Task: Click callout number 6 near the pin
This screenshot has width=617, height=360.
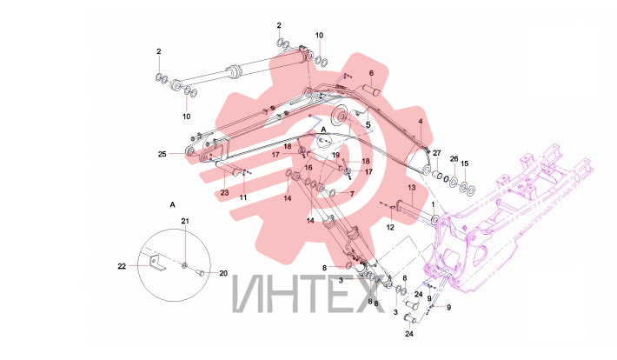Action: tap(371, 73)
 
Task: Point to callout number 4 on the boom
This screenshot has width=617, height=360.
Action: tap(421, 122)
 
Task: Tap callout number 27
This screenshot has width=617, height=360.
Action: tap(437, 153)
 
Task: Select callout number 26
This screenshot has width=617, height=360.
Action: tap(454, 159)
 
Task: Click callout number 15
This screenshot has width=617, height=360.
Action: tap(465, 163)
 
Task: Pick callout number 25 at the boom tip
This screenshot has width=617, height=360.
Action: tap(163, 154)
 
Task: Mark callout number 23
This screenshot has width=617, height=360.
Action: tap(224, 193)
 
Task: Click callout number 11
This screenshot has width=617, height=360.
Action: tap(243, 197)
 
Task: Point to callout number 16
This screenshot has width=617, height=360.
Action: tap(308, 168)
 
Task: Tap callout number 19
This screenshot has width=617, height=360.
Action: tap(335, 155)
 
